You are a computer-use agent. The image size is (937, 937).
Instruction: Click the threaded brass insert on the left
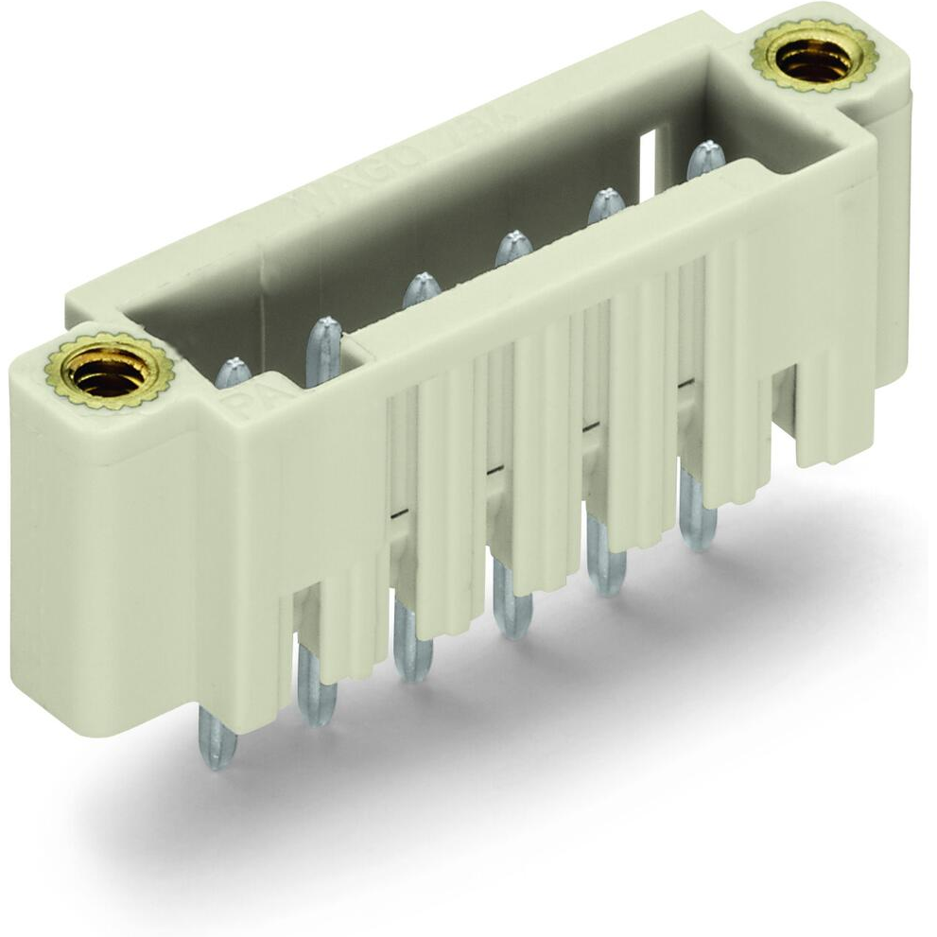click(109, 372)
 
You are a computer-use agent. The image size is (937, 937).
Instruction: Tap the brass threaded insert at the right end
click(814, 58)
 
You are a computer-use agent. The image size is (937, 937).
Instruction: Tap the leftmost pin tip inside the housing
click(234, 373)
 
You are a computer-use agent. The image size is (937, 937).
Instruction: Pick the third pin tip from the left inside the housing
click(422, 289)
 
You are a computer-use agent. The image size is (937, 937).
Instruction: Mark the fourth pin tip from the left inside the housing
click(513, 248)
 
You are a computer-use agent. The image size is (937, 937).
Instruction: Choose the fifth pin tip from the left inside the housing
click(606, 205)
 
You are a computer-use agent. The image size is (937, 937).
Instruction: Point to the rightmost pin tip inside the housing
click(705, 159)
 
